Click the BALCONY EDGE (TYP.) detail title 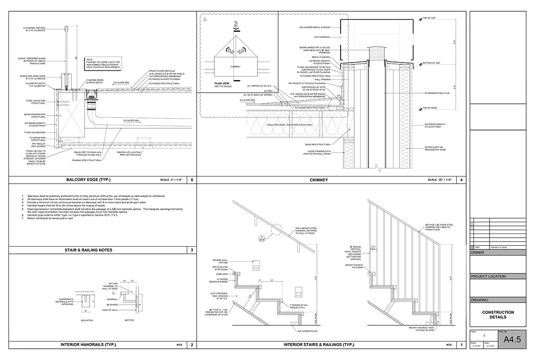pos(88,180)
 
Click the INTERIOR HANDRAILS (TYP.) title pos(88,345)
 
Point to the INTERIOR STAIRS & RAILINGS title pos(319,345)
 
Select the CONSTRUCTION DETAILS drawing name pos(498,315)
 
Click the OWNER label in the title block pos(478,253)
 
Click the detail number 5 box pos(192,180)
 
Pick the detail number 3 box pos(192,250)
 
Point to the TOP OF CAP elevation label pos(430,18)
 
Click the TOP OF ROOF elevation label pos(430,108)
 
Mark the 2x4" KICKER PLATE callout pos(306,331)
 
